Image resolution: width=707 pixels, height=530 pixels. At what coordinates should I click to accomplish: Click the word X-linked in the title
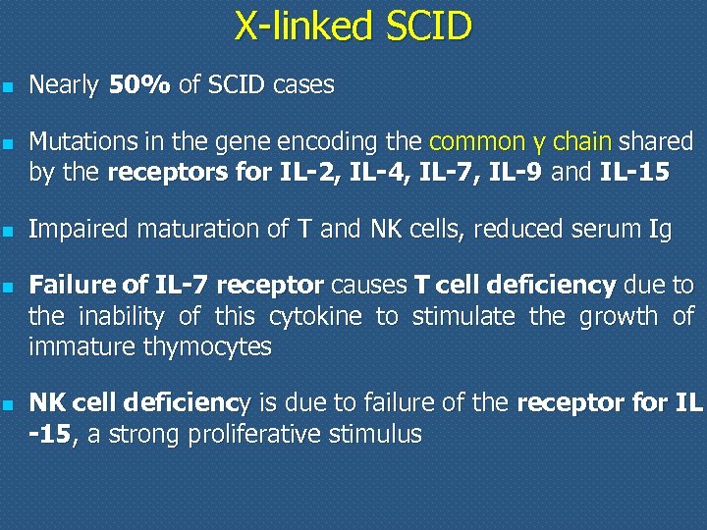coord(298,26)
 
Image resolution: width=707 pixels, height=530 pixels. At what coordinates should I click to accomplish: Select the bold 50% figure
coord(140,85)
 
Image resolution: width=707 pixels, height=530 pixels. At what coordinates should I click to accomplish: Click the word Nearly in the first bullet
coord(64,85)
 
